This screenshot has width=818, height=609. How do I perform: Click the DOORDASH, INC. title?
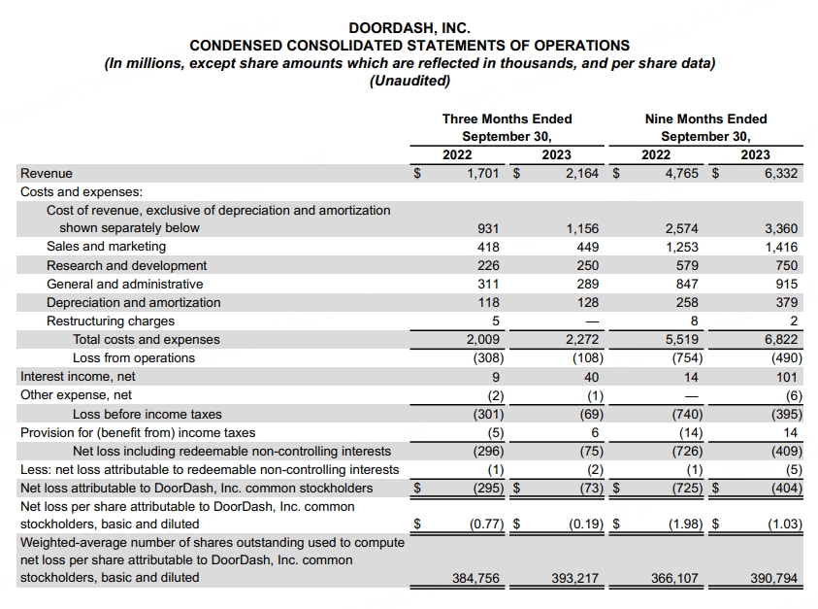pyautogui.click(x=409, y=27)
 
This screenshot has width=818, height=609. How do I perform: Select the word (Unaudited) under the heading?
pyautogui.click(x=409, y=81)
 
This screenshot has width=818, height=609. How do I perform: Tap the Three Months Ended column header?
pyautogui.click(x=507, y=119)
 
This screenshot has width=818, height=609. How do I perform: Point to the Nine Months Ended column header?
pyautogui.click(x=705, y=119)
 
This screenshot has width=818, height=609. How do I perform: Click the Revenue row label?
pyautogui.click(x=47, y=174)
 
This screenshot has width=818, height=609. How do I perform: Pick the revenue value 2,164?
pyautogui.click(x=582, y=174)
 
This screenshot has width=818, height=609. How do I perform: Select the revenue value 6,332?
pyautogui.click(x=781, y=174)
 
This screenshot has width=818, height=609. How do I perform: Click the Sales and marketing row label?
pyautogui.click(x=106, y=247)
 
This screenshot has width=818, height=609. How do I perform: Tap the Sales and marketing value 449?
pyautogui.click(x=588, y=247)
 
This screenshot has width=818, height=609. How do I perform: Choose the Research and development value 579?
pyautogui.click(x=687, y=266)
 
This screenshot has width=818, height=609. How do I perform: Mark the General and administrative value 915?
pyautogui.click(x=787, y=285)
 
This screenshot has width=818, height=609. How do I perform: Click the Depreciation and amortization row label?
pyautogui.click(x=134, y=303)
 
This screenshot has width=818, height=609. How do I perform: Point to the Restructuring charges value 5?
pyautogui.click(x=496, y=321)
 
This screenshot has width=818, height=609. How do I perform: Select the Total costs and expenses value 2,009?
pyautogui.click(x=482, y=340)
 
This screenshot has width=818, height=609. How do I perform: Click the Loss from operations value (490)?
pyautogui.click(x=787, y=358)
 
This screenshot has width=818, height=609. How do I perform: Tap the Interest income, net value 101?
pyautogui.click(x=787, y=377)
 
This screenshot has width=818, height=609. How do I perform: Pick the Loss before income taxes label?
pyautogui.click(x=147, y=414)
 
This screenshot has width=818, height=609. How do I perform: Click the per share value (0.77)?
pyautogui.click(x=487, y=524)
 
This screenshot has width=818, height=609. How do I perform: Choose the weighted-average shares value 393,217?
pyautogui.click(x=574, y=578)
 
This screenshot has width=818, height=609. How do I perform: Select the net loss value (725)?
pyautogui.click(x=687, y=489)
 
